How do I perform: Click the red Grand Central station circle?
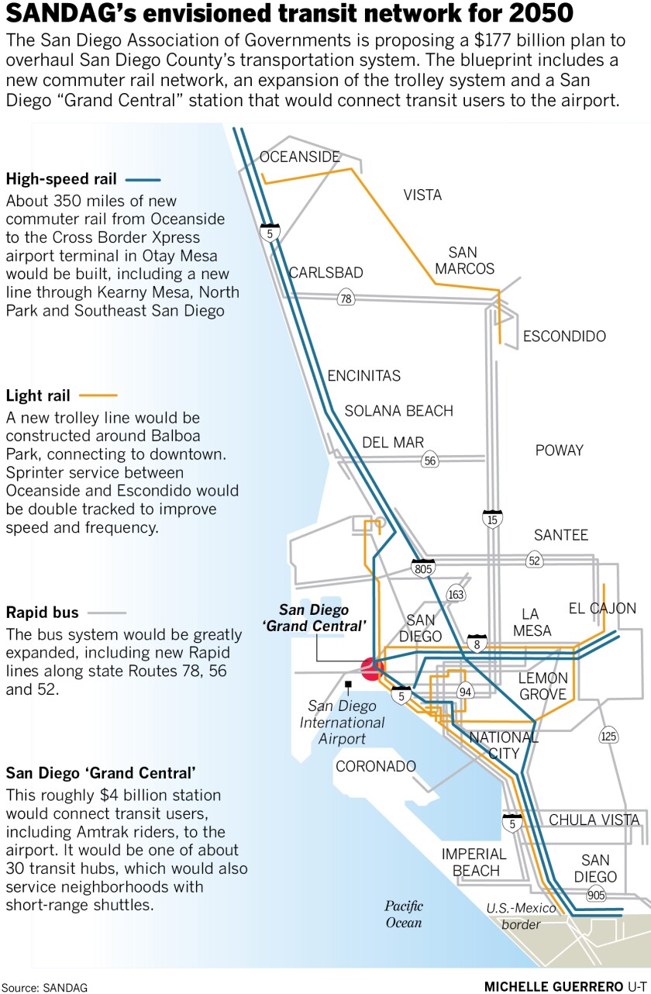pos(372,667)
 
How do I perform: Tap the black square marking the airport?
pos(349,684)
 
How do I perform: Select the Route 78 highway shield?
pos(345,298)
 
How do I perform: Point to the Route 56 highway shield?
pos(430,461)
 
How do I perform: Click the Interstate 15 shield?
pos(492,517)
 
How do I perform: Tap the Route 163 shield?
pos(456,595)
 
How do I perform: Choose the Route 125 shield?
pos(608,735)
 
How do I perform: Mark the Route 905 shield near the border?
pos(595,895)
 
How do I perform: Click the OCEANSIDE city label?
pos(300,157)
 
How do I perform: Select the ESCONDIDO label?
pos(564,337)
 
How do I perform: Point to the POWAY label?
pos(560,450)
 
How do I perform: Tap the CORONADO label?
pos(376,767)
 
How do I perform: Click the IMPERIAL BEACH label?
pos(474,862)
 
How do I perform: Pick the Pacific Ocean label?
pos(404,914)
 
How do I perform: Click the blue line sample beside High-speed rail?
pos(141,178)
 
